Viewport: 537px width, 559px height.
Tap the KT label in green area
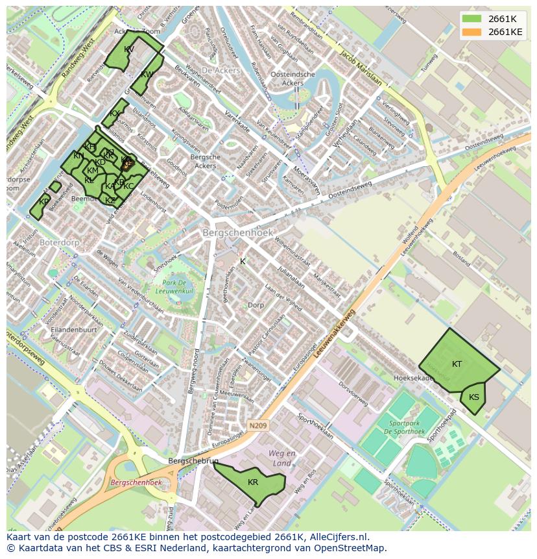coord(457,364)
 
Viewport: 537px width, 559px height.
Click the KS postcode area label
coord(474,397)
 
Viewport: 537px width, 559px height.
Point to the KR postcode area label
coord(253,482)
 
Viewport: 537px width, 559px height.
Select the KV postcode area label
coord(129,49)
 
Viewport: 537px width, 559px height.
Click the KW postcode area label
coord(147,75)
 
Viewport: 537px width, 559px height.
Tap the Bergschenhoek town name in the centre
coord(238,232)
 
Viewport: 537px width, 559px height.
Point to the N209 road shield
coord(257,426)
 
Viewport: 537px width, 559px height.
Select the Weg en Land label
coord(282,458)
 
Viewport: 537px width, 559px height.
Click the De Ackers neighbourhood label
coord(221,70)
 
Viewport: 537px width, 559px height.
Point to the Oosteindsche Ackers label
coord(292,79)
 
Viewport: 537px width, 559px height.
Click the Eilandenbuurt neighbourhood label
coord(75,330)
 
